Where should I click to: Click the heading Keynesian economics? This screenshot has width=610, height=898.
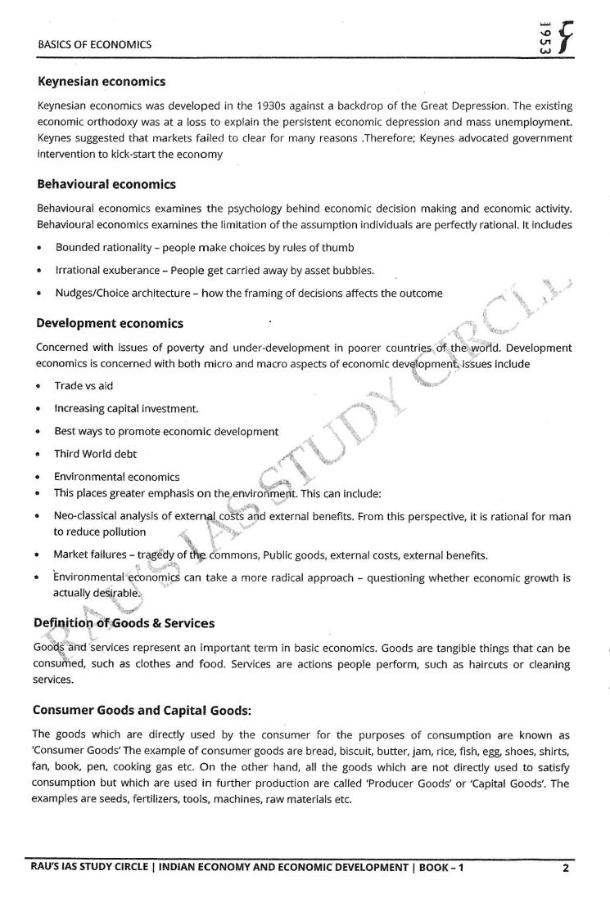[x=102, y=82]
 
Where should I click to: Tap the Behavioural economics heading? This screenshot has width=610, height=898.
[x=106, y=184]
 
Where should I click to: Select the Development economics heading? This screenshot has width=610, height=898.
[x=110, y=324]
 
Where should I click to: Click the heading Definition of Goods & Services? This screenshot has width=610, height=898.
[x=124, y=623]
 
